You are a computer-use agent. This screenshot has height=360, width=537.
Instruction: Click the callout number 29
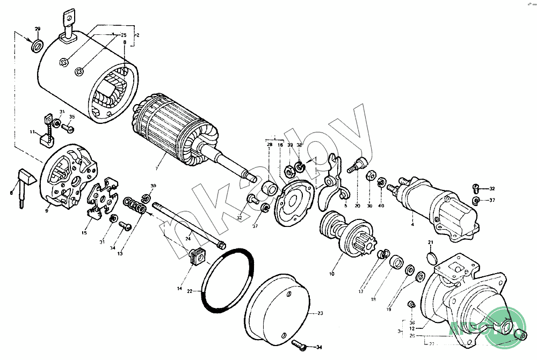tap(38, 28)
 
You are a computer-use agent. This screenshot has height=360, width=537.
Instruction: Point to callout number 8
tap(125, 42)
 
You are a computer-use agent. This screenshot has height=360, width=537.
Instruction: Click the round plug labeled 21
tap(431, 259)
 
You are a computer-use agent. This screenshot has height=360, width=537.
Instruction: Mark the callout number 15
tap(84, 232)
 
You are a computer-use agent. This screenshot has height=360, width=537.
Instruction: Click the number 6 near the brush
tap(11, 192)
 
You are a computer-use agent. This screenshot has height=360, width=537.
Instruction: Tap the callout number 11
tap(32, 131)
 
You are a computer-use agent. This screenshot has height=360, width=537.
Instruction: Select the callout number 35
tap(72, 116)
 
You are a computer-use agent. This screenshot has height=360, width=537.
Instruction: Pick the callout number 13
tap(120, 253)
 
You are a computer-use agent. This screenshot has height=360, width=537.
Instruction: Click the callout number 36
tap(412, 322)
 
